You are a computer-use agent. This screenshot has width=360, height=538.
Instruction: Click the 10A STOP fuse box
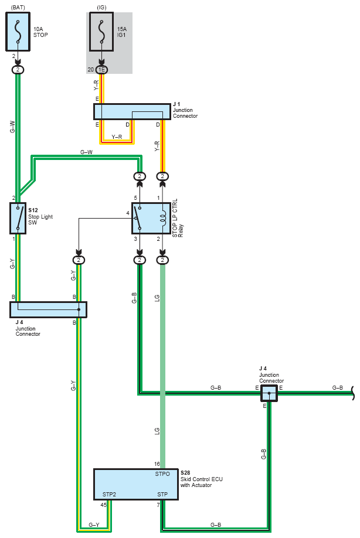[x=18, y=32]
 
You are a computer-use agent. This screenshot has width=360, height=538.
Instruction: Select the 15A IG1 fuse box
[x=101, y=32]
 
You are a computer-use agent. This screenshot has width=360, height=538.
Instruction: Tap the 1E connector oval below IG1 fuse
[x=101, y=70]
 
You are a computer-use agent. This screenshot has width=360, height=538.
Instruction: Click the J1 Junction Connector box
[x=132, y=111]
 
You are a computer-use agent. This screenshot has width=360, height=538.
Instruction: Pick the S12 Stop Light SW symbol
[x=18, y=218]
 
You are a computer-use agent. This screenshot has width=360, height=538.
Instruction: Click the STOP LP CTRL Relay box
[x=151, y=218]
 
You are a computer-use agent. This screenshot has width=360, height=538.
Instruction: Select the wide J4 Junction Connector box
[x=48, y=309]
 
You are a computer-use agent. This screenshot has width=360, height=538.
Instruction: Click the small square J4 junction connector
[x=269, y=393]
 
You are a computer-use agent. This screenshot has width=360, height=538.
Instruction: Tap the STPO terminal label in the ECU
[x=162, y=474]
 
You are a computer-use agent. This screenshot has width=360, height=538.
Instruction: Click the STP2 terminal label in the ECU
[x=109, y=495]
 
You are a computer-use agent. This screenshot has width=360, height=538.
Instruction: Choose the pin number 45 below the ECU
[x=104, y=505]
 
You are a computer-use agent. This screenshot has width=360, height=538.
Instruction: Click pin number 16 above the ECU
[x=157, y=464]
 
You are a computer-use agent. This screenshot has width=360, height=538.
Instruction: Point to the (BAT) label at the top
[x=18, y=7]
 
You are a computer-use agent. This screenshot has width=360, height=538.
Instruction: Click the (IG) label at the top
[x=101, y=7]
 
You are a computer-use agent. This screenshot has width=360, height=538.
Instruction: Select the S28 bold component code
[x=185, y=473]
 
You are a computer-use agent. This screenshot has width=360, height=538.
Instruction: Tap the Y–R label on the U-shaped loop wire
[x=117, y=137]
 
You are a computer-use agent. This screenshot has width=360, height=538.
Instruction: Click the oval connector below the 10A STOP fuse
[x=18, y=70]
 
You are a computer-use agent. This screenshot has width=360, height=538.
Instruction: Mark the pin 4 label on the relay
[x=128, y=213]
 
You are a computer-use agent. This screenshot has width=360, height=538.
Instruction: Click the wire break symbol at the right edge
[x=352, y=393]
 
